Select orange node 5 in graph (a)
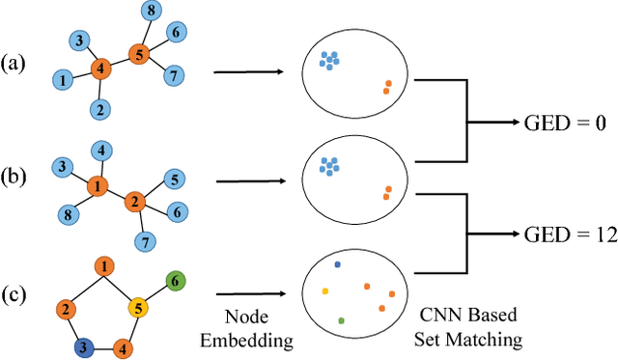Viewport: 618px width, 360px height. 138,55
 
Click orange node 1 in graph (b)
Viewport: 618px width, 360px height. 98,183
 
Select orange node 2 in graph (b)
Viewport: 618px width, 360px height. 134,203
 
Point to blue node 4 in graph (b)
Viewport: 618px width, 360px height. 99,150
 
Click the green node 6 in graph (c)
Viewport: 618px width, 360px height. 175,282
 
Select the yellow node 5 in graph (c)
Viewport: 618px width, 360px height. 139,309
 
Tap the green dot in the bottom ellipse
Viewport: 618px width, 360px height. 341,319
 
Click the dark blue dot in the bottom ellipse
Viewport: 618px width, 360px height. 337,263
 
